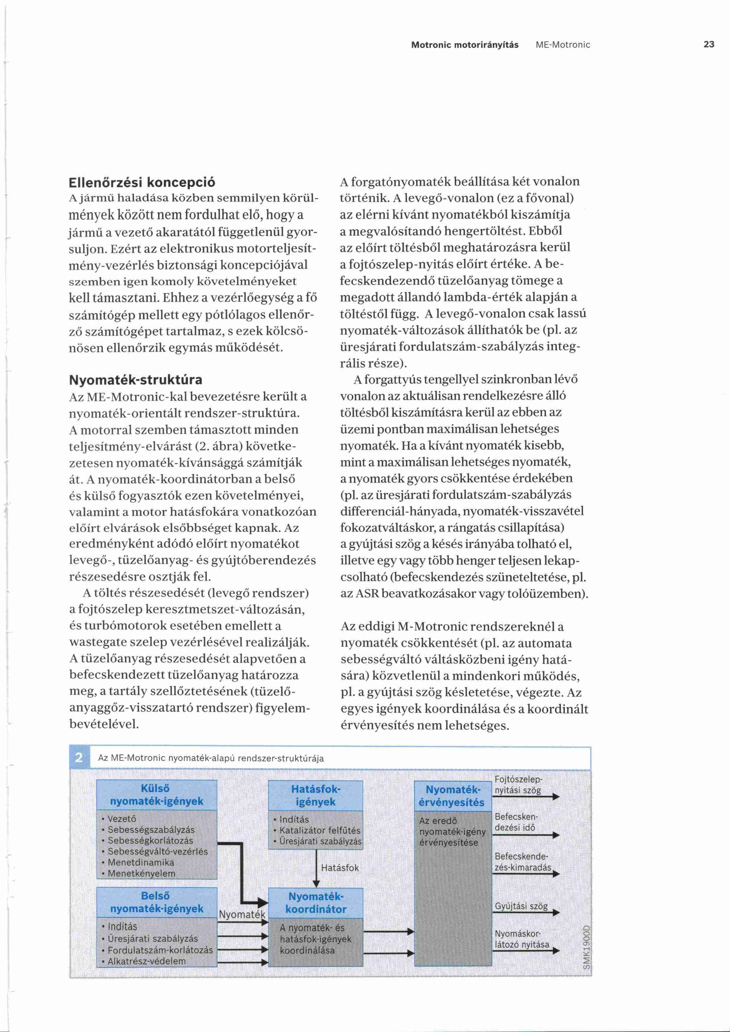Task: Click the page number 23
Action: click(709, 44)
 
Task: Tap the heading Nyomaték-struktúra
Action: click(136, 380)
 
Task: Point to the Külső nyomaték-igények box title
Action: click(156, 795)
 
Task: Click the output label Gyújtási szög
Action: click(521, 906)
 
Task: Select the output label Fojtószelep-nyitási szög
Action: click(518, 785)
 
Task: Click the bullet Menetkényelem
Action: click(141, 873)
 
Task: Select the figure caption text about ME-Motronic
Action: click(211, 758)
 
